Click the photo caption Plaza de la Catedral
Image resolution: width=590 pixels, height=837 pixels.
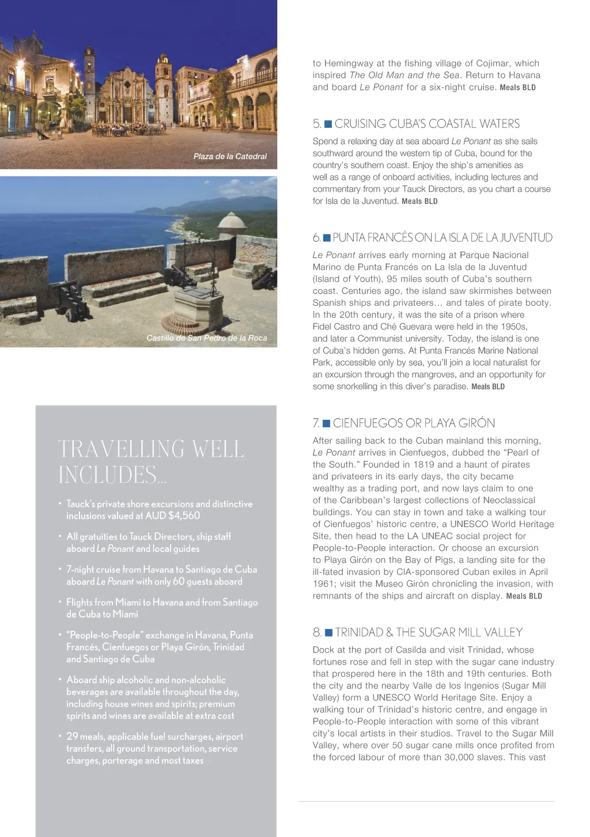pyautogui.click(x=230, y=156)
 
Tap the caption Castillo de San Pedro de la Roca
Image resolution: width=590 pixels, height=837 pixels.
pyautogui.click(x=206, y=338)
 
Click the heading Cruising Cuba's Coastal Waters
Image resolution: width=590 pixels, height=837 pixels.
pyautogui.click(x=427, y=124)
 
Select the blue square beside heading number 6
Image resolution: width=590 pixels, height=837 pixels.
pyautogui.click(x=327, y=238)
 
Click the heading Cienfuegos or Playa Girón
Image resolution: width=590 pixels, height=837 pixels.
pyautogui.click(x=414, y=423)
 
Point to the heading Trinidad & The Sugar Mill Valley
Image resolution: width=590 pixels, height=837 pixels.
pyautogui.click(x=429, y=633)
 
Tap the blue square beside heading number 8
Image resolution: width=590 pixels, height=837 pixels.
pyautogui.click(x=329, y=633)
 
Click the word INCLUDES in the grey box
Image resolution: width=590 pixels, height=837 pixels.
pyautogui.click(x=107, y=475)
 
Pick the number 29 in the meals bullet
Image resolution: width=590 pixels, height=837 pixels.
pyautogui.click(x=72, y=736)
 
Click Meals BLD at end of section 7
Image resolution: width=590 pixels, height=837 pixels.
pyautogui.click(x=524, y=596)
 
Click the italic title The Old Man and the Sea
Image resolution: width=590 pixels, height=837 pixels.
pyautogui.click(x=404, y=75)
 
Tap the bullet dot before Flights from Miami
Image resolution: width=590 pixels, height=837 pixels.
pyautogui.click(x=60, y=601)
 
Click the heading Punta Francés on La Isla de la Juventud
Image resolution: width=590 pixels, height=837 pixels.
pyautogui.click(x=442, y=238)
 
